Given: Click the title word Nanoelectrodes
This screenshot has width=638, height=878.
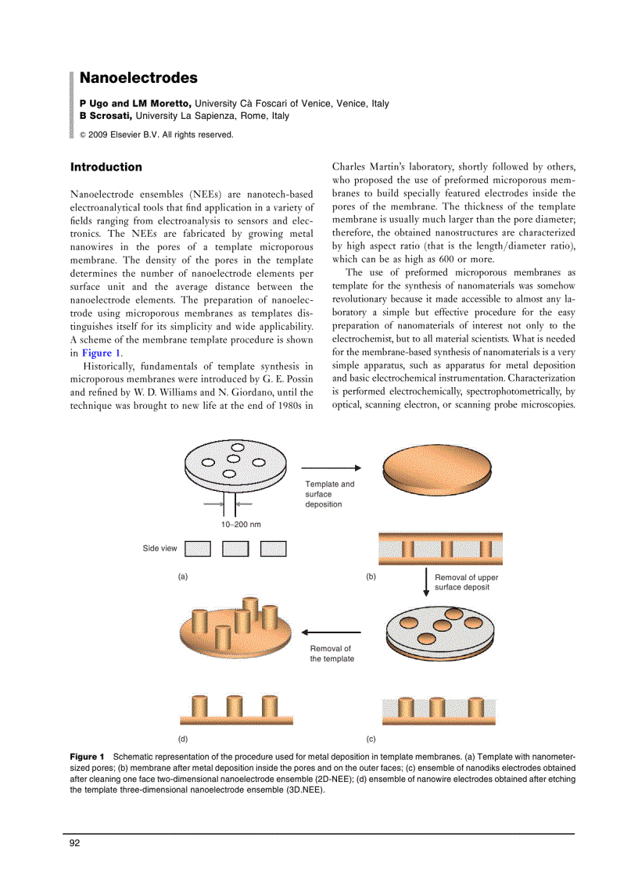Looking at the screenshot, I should click(138, 78).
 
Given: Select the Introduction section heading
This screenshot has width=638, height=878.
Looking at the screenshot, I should click(106, 167).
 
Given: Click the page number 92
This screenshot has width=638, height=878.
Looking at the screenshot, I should click(75, 843).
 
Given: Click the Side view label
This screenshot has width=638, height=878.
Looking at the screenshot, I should click(159, 549).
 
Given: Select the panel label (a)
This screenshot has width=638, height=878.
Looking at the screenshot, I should click(183, 577).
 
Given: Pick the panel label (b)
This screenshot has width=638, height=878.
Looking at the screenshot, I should click(371, 577).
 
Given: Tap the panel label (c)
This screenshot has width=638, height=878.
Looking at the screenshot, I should click(371, 739).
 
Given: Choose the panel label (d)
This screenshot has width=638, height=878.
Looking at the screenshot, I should click(183, 739).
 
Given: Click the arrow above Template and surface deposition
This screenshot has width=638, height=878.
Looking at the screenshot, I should click(331, 468).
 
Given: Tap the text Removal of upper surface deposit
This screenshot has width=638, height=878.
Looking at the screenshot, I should click(466, 582).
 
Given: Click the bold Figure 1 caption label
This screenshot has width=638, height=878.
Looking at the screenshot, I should click(87, 758).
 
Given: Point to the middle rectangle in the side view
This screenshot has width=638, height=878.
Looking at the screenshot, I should click(235, 549).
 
